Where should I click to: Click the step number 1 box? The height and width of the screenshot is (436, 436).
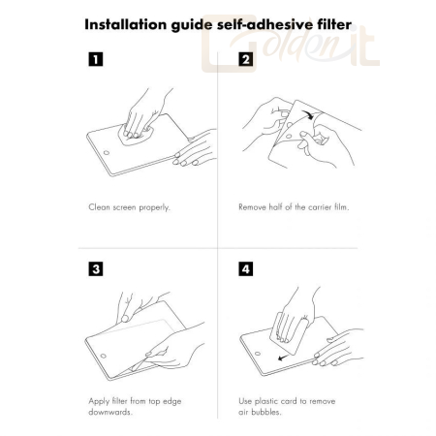(x=96, y=59)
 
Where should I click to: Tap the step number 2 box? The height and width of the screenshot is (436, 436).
(x=246, y=59)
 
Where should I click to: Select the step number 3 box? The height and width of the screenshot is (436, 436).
(x=96, y=269)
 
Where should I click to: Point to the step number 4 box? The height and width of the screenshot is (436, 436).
(x=246, y=269)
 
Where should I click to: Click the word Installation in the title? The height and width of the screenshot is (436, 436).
(x=126, y=24)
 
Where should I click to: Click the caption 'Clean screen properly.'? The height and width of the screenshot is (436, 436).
(x=129, y=207)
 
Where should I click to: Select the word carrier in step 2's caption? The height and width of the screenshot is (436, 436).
(x=320, y=207)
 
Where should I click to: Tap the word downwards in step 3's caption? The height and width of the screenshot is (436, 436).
(x=110, y=412)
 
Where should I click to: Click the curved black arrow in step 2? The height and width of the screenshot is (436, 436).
(x=307, y=114)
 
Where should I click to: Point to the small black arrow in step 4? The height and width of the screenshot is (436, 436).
(x=283, y=358)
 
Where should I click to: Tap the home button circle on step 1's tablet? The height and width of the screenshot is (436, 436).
(x=107, y=152)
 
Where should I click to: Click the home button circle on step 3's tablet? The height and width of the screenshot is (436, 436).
(x=104, y=356)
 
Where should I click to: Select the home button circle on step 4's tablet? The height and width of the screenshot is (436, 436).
(x=258, y=354)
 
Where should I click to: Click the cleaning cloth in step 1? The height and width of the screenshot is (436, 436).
(x=136, y=135)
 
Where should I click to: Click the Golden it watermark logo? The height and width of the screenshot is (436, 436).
(x=291, y=43)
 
